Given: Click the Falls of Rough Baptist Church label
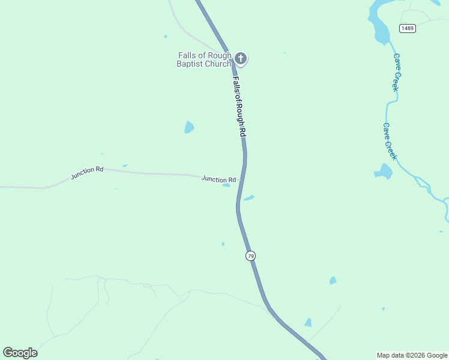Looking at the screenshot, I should [204, 59].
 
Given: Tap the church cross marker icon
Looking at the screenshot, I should [241, 58].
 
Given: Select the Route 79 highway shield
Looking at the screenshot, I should [251, 256].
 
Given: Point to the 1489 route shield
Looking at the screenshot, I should [408, 28].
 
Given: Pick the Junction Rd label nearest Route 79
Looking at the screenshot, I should [218, 179].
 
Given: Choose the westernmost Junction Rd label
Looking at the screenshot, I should [87, 173].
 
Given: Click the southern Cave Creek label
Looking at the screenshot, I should [390, 142].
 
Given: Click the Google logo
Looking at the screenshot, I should [20, 353].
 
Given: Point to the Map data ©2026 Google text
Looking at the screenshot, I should [412, 355].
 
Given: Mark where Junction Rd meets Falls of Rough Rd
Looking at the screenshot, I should [242, 179].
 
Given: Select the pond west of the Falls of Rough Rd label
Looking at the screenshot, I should [189, 127].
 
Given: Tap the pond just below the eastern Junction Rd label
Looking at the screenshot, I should [226, 185].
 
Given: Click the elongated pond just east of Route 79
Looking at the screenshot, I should [249, 197].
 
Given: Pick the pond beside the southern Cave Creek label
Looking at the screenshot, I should [383, 172].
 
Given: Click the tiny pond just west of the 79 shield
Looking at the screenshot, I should [223, 244].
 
